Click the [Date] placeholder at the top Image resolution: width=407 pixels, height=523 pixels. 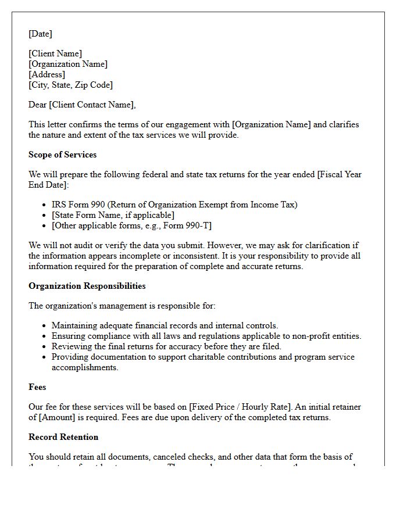(40, 34)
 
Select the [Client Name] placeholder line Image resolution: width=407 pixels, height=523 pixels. (55, 54)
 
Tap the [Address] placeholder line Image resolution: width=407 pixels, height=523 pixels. (47, 74)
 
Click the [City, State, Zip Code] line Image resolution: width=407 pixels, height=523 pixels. (70, 85)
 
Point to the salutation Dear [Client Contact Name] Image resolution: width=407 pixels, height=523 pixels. (82, 105)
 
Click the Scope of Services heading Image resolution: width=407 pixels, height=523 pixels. (62, 155)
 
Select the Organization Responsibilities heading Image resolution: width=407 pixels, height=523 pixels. (87, 286)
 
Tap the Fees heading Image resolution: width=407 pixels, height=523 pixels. (37, 387)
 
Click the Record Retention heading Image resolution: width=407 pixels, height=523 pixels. (63, 437)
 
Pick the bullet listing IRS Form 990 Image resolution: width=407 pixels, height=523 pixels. (174, 205)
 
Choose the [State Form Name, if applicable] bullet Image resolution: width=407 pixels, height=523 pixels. (113, 215)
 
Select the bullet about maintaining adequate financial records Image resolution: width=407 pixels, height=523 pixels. (165, 325)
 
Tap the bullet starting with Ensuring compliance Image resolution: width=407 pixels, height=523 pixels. (206, 336)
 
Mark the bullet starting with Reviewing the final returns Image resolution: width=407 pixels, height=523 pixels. (166, 346)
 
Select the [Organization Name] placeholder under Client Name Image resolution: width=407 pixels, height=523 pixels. (68, 65)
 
